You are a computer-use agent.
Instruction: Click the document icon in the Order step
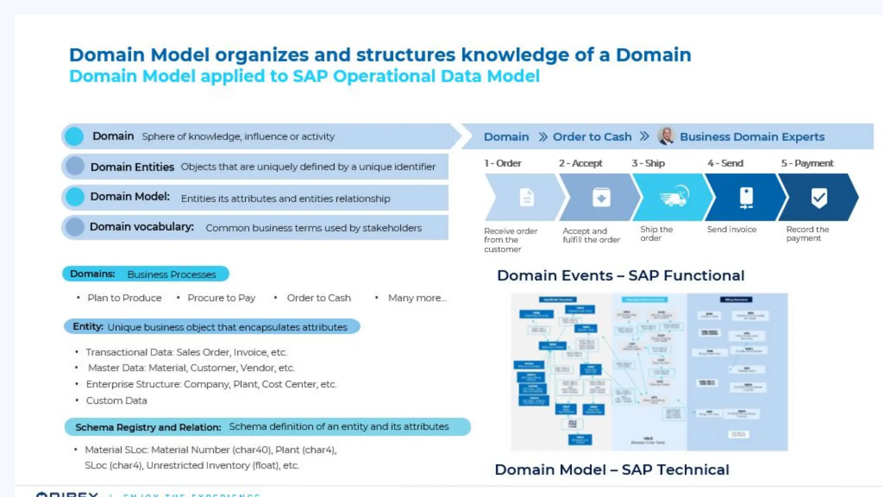(526, 198)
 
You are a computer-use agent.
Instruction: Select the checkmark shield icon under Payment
(819, 198)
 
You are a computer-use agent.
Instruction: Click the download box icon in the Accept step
(601, 198)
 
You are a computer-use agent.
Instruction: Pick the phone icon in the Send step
(746, 198)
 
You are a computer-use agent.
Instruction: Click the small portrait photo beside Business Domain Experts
(666, 136)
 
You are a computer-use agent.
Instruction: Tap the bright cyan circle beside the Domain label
(74, 136)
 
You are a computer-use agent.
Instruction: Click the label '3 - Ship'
(648, 164)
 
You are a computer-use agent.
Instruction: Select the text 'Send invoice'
(732, 230)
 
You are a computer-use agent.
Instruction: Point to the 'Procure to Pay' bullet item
(221, 298)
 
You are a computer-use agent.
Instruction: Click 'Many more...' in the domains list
(417, 298)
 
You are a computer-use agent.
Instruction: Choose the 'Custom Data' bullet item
(116, 401)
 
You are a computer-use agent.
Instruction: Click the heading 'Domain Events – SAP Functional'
(620, 276)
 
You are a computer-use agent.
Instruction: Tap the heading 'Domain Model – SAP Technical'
(612, 470)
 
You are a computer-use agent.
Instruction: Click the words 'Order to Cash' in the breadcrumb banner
(592, 137)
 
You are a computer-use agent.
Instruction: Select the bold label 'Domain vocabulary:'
(141, 227)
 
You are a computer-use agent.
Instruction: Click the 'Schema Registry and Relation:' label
(148, 428)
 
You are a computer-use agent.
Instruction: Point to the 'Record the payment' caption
(807, 234)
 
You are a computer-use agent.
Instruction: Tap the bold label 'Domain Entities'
(132, 167)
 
